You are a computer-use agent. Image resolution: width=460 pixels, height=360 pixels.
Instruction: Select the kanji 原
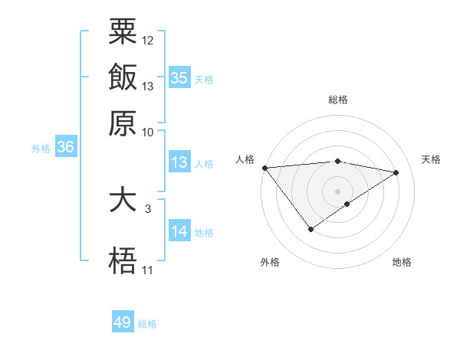pos(123,123)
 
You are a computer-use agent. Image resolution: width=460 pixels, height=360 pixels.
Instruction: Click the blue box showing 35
pos(179,78)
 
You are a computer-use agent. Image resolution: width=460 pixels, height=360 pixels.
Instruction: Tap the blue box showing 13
pos(179,162)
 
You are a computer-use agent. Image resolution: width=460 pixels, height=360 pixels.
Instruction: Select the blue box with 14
pos(179,232)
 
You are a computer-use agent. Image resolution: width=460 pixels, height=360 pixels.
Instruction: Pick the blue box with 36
pos(65,148)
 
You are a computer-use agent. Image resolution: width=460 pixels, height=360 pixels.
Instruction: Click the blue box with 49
pos(123,322)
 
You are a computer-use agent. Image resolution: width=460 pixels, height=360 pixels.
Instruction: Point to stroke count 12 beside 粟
pos(148,40)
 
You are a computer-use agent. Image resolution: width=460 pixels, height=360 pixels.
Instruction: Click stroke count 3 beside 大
pos(147,208)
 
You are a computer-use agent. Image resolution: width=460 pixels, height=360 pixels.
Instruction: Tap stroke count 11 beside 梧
pos(147,270)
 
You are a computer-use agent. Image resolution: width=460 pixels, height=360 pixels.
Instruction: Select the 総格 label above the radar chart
pos(338,100)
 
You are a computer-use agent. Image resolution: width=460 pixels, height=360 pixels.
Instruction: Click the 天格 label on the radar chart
pos(432,159)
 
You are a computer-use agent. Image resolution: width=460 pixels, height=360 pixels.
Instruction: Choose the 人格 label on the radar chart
pos(245,159)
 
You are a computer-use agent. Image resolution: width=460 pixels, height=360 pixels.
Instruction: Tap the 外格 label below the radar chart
pos(270,262)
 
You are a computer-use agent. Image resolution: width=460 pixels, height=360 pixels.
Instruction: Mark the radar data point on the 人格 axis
pos(264,167)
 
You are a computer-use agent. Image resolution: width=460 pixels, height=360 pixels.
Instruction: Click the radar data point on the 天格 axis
pos(396,172)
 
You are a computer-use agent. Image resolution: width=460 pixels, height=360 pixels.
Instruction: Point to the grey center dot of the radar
pos(338,191)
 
